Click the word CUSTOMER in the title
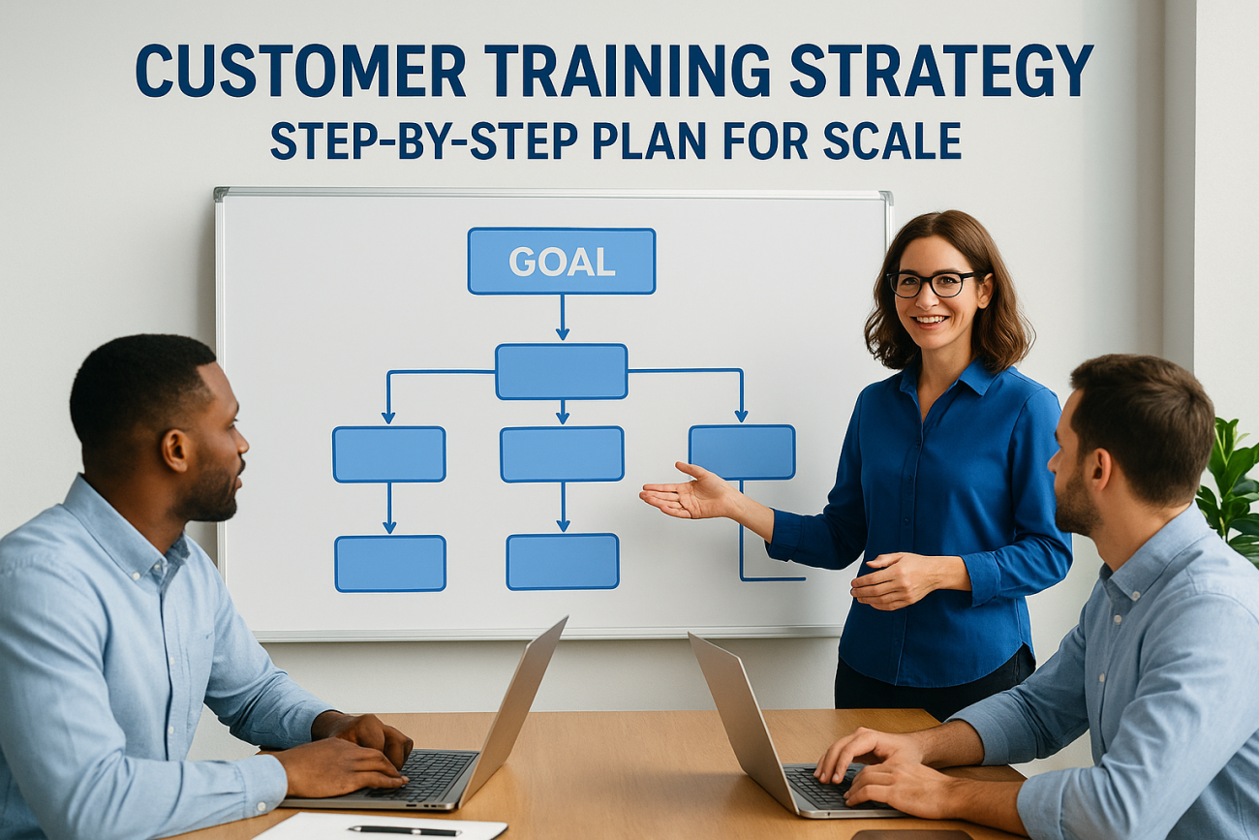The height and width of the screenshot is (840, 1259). point(300,71)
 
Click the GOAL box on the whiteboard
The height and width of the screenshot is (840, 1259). point(562,261)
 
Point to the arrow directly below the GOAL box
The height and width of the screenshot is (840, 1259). point(562,318)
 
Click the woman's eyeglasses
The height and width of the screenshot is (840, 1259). point(933,283)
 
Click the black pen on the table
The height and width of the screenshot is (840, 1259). point(404,830)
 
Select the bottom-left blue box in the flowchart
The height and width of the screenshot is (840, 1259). point(390,563)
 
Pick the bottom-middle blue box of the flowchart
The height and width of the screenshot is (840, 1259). point(562,561)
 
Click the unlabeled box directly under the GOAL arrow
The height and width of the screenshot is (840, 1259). point(562,371)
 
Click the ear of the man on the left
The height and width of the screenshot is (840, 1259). point(175,451)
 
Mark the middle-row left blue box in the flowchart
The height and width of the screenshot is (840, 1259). point(389,454)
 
